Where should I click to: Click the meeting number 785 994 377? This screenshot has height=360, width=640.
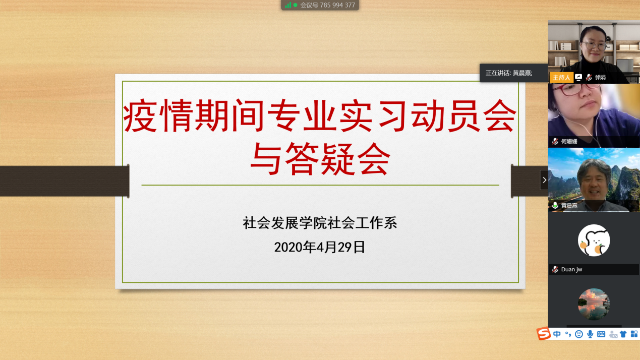(x=337, y=5)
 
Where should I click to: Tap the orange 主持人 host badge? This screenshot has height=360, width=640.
(x=561, y=78)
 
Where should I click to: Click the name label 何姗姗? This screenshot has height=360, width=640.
(x=569, y=141)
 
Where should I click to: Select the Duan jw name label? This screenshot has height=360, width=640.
(x=571, y=269)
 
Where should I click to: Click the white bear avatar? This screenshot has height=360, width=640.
(x=594, y=241)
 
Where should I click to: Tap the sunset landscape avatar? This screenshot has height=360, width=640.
(x=594, y=305)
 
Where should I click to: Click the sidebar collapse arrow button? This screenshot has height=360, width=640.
(x=544, y=180)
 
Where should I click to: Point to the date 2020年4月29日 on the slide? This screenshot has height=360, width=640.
(x=319, y=247)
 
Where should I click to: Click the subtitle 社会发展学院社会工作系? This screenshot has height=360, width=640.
(x=320, y=223)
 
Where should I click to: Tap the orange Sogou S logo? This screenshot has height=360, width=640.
(x=544, y=333)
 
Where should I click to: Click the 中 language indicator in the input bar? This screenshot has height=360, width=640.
(x=557, y=334)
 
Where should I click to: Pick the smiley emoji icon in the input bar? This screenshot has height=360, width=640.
(x=579, y=334)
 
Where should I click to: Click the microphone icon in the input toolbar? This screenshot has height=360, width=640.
(x=590, y=334)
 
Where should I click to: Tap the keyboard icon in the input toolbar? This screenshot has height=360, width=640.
(x=601, y=334)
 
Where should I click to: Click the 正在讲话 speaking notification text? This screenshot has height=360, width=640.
(x=509, y=73)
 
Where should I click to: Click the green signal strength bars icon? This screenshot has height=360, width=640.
(x=288, y=5)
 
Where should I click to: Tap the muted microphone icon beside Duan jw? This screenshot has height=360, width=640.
(x=555, y=269)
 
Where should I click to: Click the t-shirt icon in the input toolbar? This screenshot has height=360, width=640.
(x=623, y=334)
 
